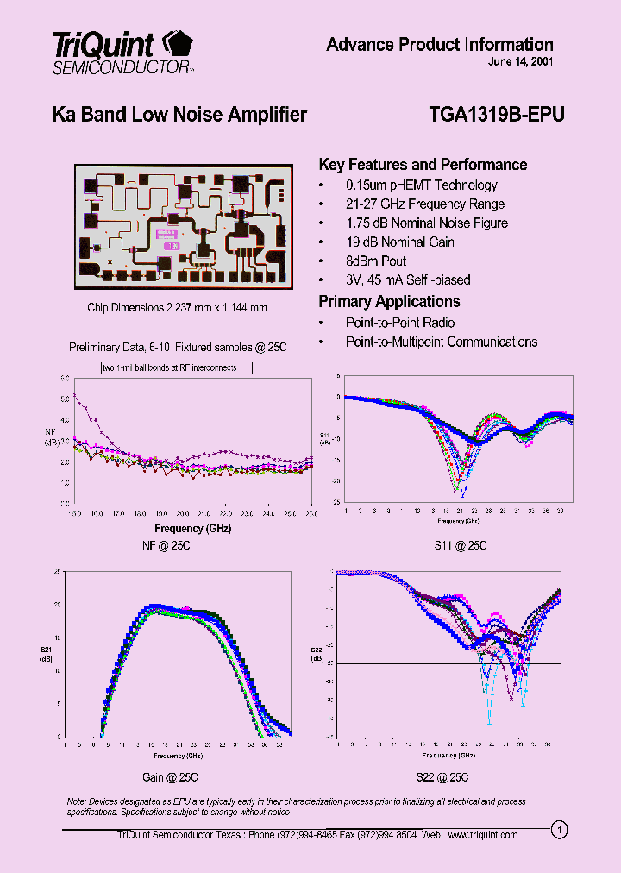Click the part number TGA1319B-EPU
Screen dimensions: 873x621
coord(496,115)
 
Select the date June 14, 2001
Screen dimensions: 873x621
coord(520,63)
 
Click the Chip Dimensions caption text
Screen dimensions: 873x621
coord(177,308)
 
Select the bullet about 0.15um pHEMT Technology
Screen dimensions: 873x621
coord(421,185)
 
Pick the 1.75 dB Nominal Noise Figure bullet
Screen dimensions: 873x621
coord(426,223)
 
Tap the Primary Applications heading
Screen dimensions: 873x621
coord(389,302)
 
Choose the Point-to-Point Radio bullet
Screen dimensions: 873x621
coord(399,323)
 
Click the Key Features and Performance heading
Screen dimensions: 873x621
coord(423,165)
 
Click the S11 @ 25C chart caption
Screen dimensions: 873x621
coord(461,545)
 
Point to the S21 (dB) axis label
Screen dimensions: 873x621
coord(45,654)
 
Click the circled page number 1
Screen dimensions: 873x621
coord(561,831)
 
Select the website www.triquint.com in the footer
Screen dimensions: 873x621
coord(482,835)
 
